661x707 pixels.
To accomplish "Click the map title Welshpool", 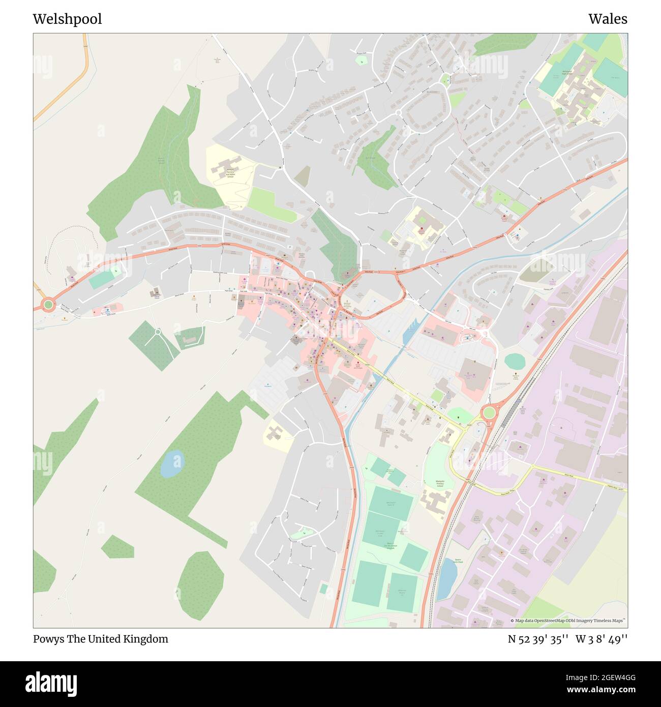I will pyautogui.click(x=67, y=19).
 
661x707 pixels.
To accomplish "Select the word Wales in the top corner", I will pyautogui.click(x=608, y=19).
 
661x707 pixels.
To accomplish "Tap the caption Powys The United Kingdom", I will pyautogui.click(x=100, y=639).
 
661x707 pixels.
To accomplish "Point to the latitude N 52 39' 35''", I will pyautogui.click(x=538, y=639).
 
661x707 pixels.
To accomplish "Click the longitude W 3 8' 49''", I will pyautogui.click(x=602, y=639).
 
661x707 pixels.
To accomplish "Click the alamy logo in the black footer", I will pyautogui.click(x=51, y=683).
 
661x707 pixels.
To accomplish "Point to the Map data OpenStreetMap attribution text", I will pyautogui.click(x=568, y=621).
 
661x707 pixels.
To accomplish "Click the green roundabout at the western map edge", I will pyautogui.click(x=48, y=305).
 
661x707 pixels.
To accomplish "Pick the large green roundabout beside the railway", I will pyautogui.click(x=489, y=412).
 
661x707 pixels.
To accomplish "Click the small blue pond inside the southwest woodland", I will pyautogui.click(x=171, y=463).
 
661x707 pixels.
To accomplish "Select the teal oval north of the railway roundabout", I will pyautogui.click(x=515, y=362).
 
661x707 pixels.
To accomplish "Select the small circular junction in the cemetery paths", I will pyautogui.click(x=158, y=332).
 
